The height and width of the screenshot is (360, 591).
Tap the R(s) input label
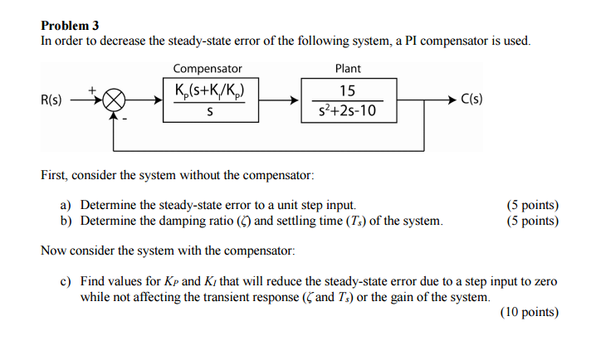pyautogui.click(x=51, y=100)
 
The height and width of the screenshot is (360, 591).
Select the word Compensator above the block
pyautogui.click(x=208, y=69)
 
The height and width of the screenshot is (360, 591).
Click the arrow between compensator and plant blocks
pyautogui.click(x=278, y=100)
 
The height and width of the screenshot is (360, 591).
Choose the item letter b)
pyautogui.click(x=66, y=221)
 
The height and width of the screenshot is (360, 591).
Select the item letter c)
pyautogui.click(x=66, y=282)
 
